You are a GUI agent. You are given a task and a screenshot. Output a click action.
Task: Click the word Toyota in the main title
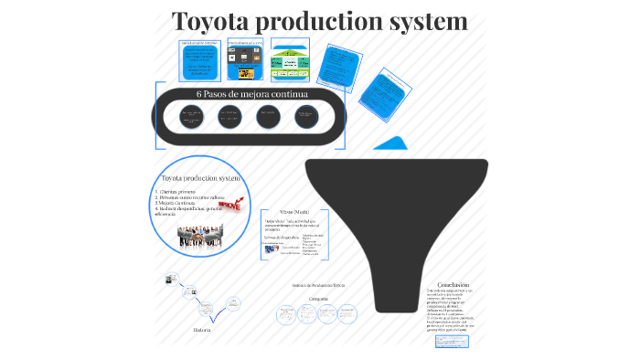tap(213, 21)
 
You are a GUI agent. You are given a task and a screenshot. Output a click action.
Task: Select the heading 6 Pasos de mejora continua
tap(252, 94)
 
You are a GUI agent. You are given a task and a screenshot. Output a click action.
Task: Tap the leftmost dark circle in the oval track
tap(191, 116)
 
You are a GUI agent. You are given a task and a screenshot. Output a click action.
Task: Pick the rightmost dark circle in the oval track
tap(305, 116)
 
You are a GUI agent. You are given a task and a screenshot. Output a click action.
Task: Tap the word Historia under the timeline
tap(201, 329)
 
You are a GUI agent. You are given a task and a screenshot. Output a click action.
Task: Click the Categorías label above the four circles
tap(319, 299)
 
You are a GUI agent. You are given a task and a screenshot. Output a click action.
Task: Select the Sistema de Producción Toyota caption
tap(317, 285)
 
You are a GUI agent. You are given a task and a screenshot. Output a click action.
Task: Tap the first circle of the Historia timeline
tap(168, 279)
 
